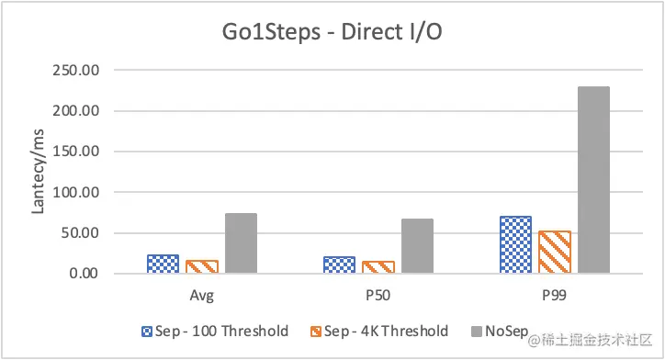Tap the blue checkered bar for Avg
point(163,264)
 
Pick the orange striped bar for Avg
point(201,266)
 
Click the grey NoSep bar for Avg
point(240,243)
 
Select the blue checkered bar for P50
point(339,264)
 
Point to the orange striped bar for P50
point(378,267)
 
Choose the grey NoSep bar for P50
point(416,246)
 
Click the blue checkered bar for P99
point(515,244)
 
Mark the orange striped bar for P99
point(554,252)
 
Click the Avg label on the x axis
point(201,296)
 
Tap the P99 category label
point(554,296)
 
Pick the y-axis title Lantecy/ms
point(38,173)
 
